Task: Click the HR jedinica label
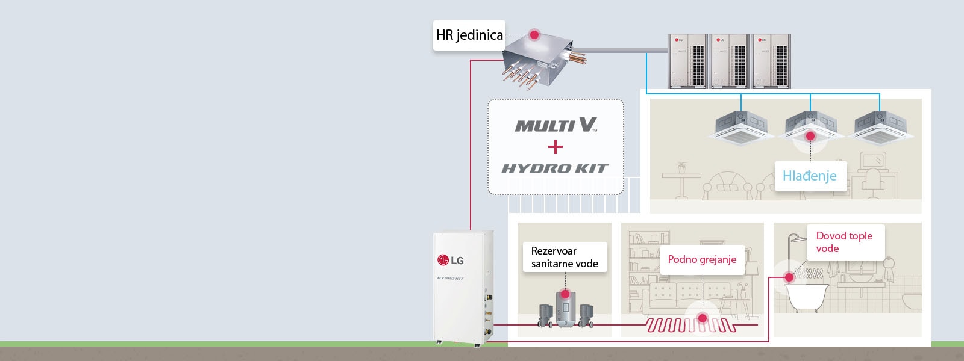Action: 469,35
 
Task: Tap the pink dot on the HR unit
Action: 534,35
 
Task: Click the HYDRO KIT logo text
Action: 555,168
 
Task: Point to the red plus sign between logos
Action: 556,147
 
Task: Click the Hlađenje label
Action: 809,176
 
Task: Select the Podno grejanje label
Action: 702,259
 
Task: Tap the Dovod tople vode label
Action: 844,242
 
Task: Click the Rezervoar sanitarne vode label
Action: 565,257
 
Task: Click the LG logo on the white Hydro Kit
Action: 451,261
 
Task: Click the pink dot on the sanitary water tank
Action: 565,294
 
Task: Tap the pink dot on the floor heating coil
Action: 702,318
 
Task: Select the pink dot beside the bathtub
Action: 789,277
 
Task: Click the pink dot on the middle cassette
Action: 810,136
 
